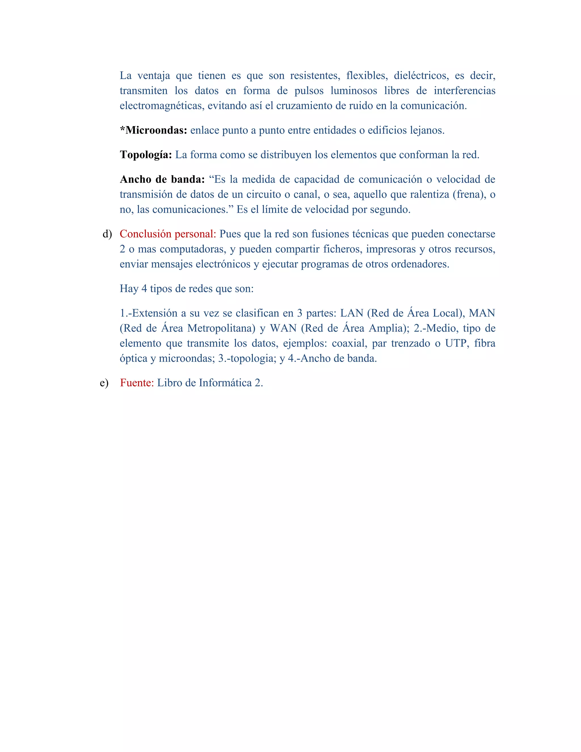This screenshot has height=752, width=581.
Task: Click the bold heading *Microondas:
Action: [153, 130]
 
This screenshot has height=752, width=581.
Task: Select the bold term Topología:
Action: [146, 155]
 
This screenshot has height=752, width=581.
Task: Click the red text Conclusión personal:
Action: [168, 234]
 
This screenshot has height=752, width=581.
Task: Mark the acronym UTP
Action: [457, 343]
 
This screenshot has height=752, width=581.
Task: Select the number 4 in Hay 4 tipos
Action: [144, 289]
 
